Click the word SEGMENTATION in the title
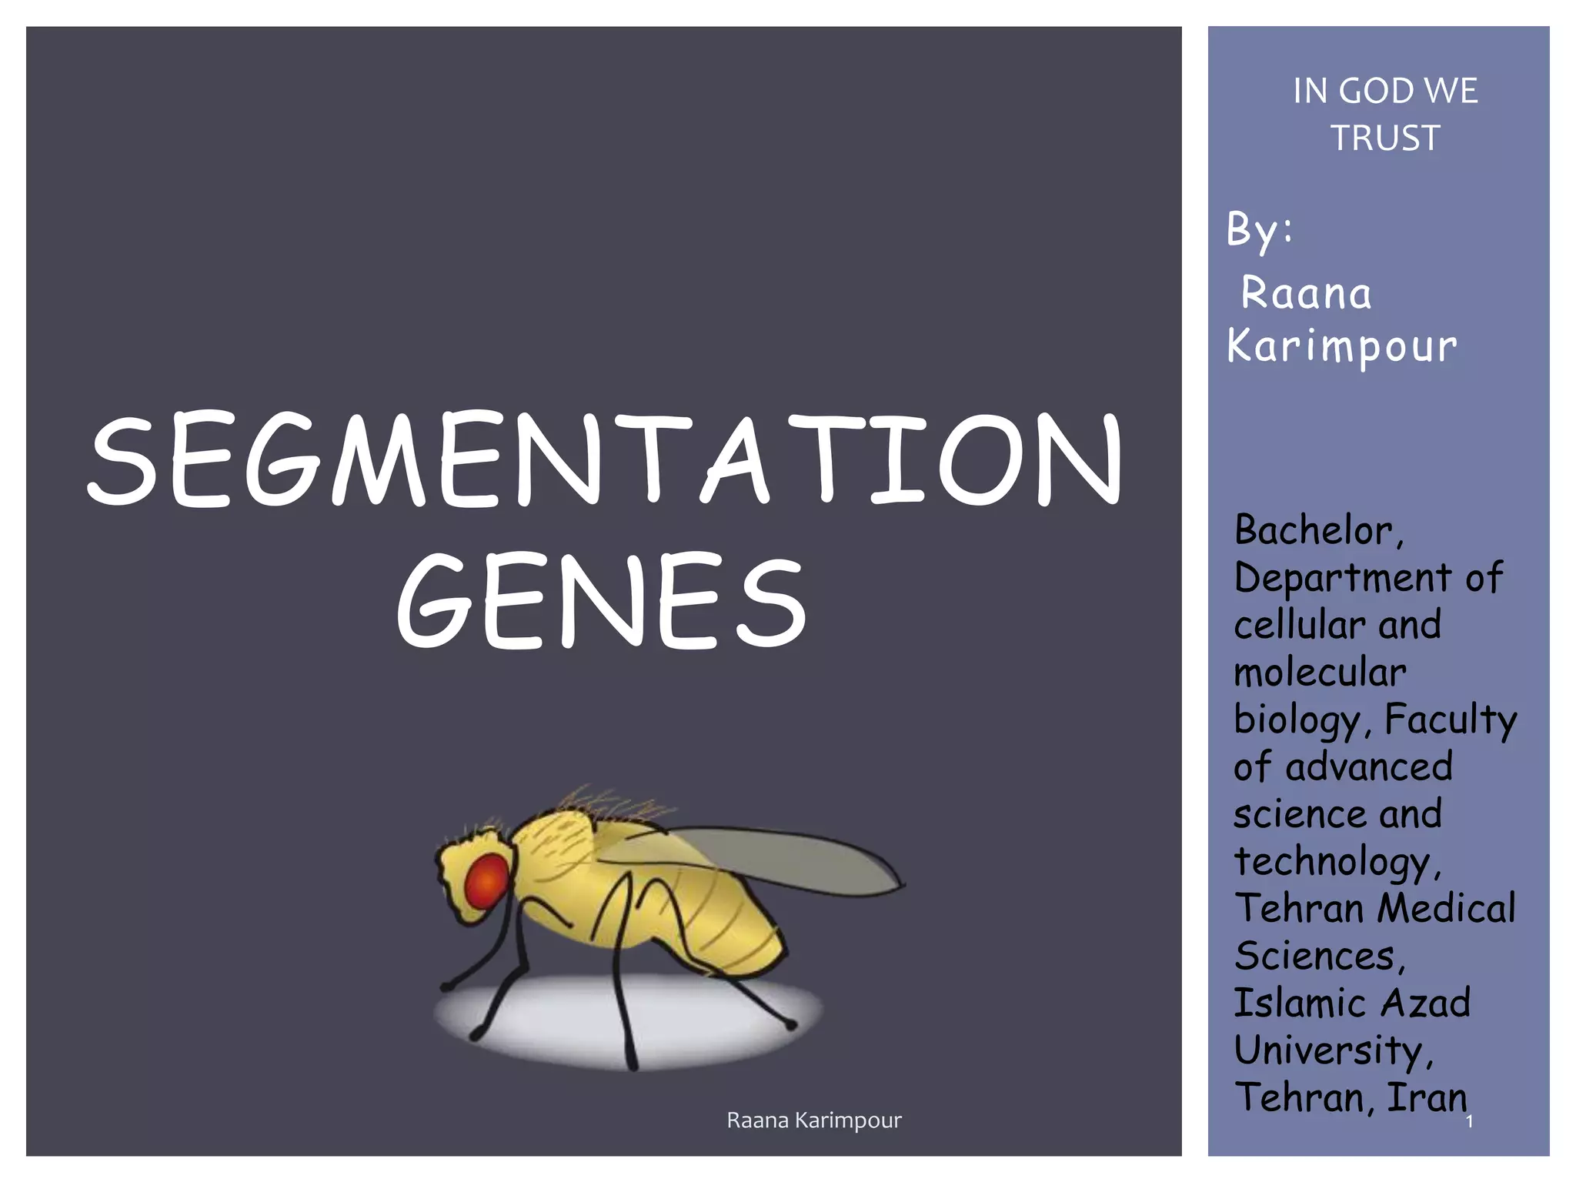click(x=605, y=459)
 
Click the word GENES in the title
click(x=602, y=601)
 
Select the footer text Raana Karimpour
click(x=813, y=1120)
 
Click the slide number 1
click(x=1469, y=1122)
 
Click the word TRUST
click(x=1385, y=139)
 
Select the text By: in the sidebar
click(x=1260, y=230)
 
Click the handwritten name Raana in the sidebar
click(x=1306, y=294)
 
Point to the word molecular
click(x=1320, y=673)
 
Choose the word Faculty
click(x=1451, y=720)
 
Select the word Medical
click(x=1446, y=909)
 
